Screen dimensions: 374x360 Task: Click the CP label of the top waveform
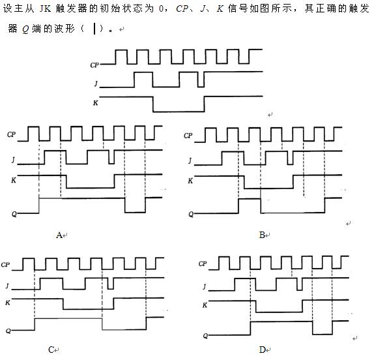pos(94,65)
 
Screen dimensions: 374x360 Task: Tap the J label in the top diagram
pos(96,83)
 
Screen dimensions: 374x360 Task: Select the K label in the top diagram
pos(95,102)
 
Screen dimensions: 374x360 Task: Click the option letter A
pos(59,235)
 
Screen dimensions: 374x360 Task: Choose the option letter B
pos(262,235)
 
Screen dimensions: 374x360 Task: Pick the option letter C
pos(51,350)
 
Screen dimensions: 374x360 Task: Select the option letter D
pos(262,350)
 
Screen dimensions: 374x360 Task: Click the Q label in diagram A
pos(14,214)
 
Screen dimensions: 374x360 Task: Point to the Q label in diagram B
pos(191,214)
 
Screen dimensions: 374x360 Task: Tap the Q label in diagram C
pos(8,331)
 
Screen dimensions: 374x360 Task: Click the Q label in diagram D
pos(205,336)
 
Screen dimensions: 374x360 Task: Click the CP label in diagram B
pos(188,136)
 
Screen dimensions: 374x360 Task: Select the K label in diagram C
pos(8,303)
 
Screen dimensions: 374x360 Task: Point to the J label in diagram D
pos(204,286)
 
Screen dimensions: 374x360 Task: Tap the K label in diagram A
pos(14,180)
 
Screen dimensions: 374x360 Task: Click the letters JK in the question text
pos(45,9)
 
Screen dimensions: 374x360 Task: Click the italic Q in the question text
pos(25,29)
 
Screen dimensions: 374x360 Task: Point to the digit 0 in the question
pos(161,9)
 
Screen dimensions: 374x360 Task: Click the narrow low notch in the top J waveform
pos(201,80)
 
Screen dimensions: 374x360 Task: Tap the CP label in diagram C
pos(5,265)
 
